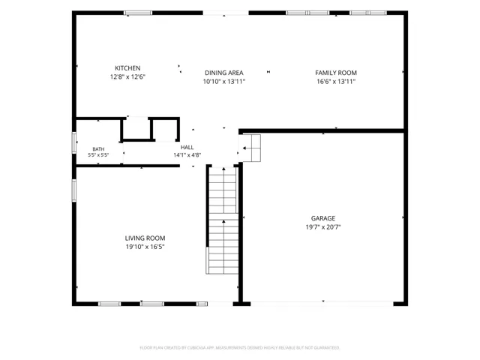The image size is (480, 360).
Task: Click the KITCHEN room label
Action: (x=127, y=68)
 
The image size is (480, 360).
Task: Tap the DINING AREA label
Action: (x=224, y=73)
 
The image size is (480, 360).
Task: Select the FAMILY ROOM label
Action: (x=336, y=73)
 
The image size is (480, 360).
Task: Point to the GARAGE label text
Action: (x=323, y=218)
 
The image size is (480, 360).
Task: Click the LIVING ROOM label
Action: (x=145, y=238)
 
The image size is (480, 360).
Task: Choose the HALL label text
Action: (x=187, y=147)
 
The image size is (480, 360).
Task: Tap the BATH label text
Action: (x=98, y=149)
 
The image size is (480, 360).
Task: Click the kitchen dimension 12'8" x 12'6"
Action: (x=127, y=76)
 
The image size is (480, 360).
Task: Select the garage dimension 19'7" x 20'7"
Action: (x=323, y=227)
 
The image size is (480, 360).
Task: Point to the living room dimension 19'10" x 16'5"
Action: (x=145, y=247)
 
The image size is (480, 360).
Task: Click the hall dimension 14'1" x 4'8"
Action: (x=187, y=155)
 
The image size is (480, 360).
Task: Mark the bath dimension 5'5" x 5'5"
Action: (x=98, y=155)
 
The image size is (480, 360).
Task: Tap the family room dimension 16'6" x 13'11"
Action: (x=336, y=82)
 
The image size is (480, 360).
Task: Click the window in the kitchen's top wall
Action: (x=138, y=13)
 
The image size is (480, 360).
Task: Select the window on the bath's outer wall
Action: (x=74, y=142)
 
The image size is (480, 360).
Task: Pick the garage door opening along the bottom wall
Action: (x=322, y=304)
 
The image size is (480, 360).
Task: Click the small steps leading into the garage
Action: (x=250, y=148)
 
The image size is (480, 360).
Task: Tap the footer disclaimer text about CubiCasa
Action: (x=240, y=348)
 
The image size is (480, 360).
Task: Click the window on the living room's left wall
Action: (x=74, y=190)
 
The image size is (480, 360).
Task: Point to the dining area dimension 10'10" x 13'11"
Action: (x=224, y=82)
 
